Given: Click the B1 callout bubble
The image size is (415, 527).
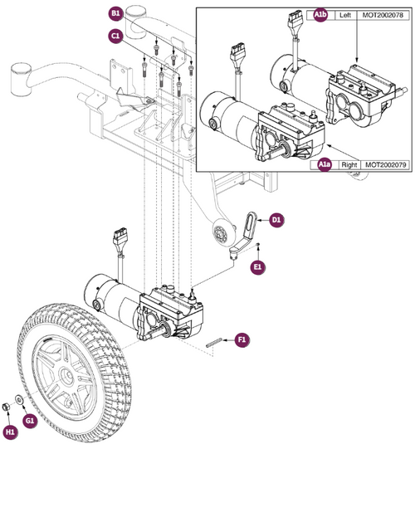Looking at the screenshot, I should tap(115, 14).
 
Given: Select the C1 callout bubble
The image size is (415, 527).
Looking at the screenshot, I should tap(115, 37).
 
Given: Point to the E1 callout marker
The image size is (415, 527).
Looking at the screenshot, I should tap(258, 266).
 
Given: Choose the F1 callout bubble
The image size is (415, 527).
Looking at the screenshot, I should tap(242, 339).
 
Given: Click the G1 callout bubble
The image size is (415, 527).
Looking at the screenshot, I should tap(30, 421).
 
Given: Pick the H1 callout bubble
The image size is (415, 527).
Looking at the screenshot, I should tap(11, 432).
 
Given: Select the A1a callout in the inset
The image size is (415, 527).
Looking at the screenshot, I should tap(326, 166).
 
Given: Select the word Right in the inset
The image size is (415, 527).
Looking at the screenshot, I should tap(349, 166).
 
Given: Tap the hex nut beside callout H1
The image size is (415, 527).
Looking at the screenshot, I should tap(7, 404).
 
